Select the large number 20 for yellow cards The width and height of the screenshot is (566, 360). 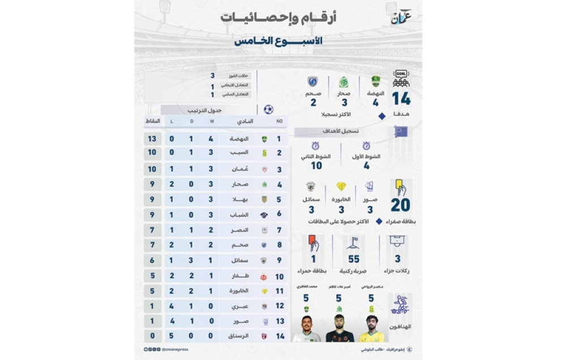400,205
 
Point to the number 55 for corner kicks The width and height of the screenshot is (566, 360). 354,259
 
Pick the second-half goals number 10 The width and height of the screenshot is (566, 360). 316,165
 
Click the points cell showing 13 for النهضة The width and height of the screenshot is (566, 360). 152,139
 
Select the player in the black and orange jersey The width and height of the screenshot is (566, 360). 340,329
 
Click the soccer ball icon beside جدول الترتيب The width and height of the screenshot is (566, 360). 268,109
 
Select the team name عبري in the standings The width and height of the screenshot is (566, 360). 237,306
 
